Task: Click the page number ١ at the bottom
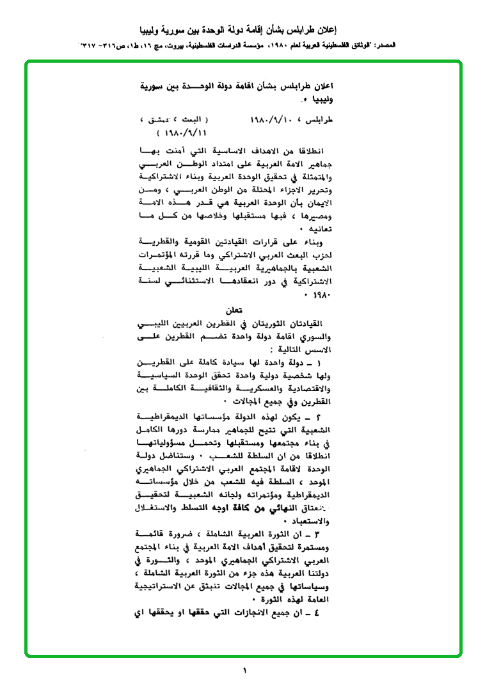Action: point(244,671)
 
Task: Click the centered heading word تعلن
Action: point(235,310)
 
